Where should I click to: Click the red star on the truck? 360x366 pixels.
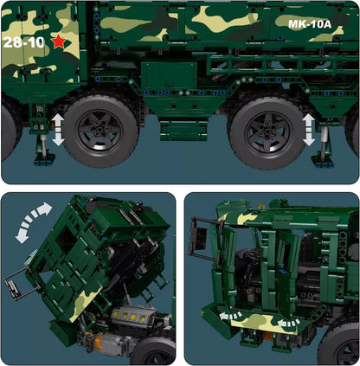pyautogui.click(x=59, y=41)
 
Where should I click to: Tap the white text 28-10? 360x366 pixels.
pyautogui.click(x=23, y=42)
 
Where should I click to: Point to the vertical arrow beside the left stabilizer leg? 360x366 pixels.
pyautogui.click(x=58, y=128)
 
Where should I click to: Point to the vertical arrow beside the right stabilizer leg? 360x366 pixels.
pyautogui.click(x=309, y=128)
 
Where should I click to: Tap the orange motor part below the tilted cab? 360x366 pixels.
pyautogui.click(x=101, y=346)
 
